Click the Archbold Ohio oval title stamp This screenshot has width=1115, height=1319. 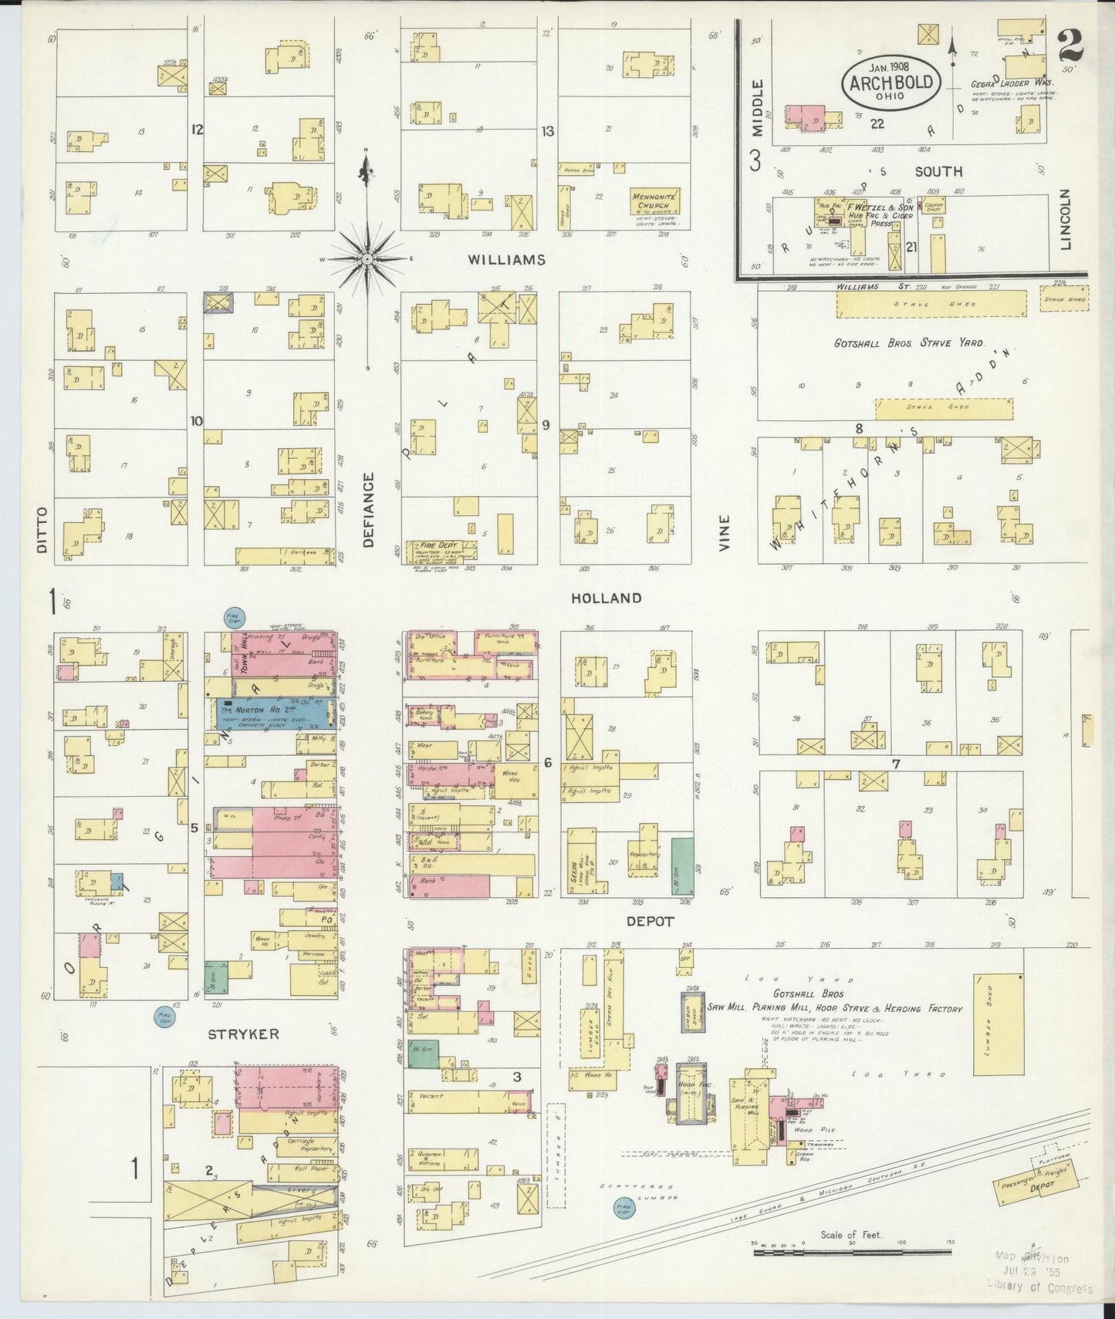891,83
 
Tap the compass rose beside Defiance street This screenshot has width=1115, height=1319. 367,259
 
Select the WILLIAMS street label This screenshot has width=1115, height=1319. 506,260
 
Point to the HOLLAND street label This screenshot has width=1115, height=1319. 606,598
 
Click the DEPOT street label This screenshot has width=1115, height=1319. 650,921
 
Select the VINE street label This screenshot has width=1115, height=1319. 724,533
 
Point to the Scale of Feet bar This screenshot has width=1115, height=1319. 851,1252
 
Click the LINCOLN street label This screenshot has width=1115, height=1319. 1066,220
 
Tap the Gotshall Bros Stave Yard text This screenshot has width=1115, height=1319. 908,342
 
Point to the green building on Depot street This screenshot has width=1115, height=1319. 681,866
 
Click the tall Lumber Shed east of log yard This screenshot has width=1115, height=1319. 998,1024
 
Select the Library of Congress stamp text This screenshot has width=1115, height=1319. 1039,1287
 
